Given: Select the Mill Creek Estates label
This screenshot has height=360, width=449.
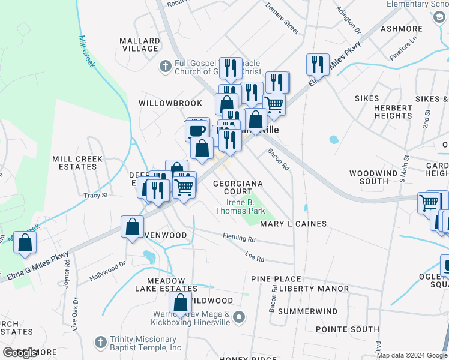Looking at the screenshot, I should click(x=77, y=163).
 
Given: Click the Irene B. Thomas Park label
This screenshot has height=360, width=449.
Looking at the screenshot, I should click(x=240, y=207).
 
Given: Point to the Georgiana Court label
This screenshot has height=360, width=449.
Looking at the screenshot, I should click(x=238, y=187).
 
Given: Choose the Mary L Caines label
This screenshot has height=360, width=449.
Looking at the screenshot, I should click(x=293, y=224).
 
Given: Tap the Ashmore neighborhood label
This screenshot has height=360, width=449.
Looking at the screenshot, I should click(x=402, y=29).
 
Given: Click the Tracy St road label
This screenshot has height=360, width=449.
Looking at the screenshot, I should click(x=96, y=195).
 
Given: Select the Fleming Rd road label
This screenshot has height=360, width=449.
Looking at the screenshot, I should click(x=239, y=238).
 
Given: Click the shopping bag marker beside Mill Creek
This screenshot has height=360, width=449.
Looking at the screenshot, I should click(x=25, y=242).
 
